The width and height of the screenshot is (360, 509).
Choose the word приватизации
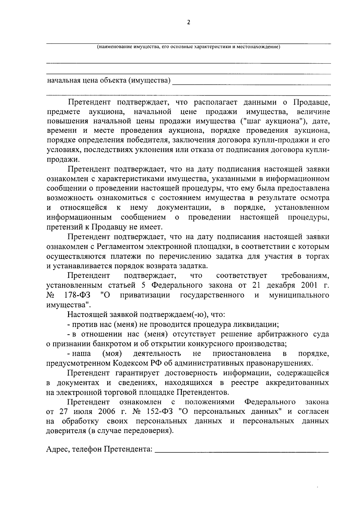[x=145, y=295]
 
